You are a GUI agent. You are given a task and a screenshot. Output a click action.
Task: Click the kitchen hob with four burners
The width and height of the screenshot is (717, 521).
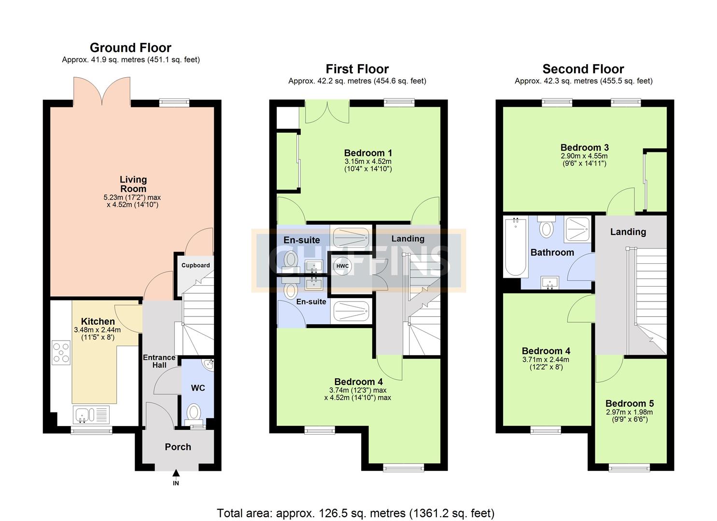pyautogui.click(x=61, y=352)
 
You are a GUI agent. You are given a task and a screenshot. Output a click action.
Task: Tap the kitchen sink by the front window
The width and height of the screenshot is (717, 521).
pyautogui.click(x=91, y=415)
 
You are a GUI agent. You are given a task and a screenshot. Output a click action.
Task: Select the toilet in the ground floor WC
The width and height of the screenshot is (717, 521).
pyautogui.click(x=194, y=415)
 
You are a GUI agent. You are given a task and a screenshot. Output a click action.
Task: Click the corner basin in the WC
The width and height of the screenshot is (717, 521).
pyautogui.click(x=209, y=364)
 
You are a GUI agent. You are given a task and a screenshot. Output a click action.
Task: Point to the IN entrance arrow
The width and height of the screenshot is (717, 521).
pyautogui.click(x=176, y=473)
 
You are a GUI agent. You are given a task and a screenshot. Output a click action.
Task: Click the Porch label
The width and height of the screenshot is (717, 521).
pyautogui.click(x=178, y=447)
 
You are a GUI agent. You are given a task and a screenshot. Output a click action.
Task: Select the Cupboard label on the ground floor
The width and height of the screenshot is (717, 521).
pyautogui.click(x=196, y=265)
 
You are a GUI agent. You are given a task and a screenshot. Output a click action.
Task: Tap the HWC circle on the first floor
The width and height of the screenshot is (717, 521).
pyautogui.click(x=342, y=266)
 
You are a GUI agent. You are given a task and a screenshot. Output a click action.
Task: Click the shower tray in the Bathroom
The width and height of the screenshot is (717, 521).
pyautogui.click(x=577, y=229)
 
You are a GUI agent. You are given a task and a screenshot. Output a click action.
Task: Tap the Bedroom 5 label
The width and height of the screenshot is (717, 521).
pyautogui.click(x=629, y=403)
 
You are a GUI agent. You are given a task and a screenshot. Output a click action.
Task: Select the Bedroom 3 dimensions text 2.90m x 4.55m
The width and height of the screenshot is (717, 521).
pyautogui.click(x=584, y=156)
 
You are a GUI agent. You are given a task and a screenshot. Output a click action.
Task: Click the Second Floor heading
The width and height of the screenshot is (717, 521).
pyautogui.click(x=583, y=69)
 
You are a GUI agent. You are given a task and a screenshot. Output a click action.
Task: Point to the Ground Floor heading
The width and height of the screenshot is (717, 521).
pyautogui.click(x=130, y=48)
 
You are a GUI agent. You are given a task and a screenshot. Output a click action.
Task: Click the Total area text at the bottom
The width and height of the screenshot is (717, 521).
pyautogui.click(x=356, y=505)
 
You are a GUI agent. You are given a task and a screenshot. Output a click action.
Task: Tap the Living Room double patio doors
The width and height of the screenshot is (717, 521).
pyautogui.click(x=102, y=91)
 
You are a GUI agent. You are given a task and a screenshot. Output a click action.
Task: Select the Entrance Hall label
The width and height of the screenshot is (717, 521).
pyautogui.click(x=159, y=361)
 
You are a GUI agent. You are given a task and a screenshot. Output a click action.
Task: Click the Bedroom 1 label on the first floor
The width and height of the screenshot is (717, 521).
pyautogui.click(x=368, y=153)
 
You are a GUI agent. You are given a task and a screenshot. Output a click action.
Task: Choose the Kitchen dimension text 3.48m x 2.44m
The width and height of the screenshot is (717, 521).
pyautogui.click(x=98, y=330)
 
